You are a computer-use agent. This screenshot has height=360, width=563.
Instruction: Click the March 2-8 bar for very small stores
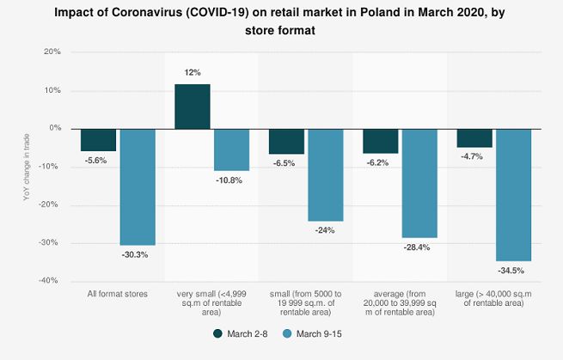[x=193, y=107]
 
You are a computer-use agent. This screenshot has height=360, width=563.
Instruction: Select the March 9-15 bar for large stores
[x=513, y=194]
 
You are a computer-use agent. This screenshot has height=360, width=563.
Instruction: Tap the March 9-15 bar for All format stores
[x=138, y=186]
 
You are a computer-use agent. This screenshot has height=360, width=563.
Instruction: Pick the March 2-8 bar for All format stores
[x=99, y=139]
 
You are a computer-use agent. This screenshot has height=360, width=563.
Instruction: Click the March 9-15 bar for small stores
[x=326, y=174]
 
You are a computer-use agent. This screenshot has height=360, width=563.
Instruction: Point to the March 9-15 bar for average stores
[x=419, y=183]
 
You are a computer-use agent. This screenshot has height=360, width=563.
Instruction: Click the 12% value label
[x=193, y=72]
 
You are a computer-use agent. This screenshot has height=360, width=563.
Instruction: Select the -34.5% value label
[x=513, y=271]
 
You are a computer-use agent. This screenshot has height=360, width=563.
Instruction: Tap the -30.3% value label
[x=138, y=255]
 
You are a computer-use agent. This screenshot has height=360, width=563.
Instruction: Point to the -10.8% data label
[x=231, y=180]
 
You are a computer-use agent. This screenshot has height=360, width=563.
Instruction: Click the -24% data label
[x=326, y=231]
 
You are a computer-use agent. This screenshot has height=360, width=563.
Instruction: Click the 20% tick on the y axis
[x=52, y=52]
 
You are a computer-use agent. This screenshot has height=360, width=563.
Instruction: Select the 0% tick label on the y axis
[x=54, y=129]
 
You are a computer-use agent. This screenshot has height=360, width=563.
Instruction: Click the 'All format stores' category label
[x=119, y=295]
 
